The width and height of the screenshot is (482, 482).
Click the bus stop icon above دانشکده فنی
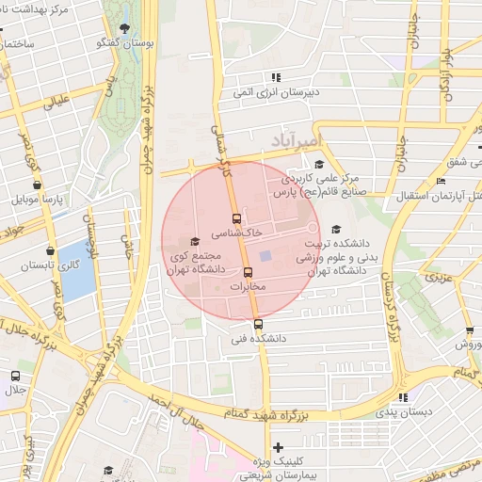[x=258, y=325]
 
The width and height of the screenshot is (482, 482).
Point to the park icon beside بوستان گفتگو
[x=125, y=29]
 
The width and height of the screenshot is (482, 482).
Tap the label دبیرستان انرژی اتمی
[x=274, y=91]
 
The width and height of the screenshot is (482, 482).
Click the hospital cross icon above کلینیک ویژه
[x=277, y=446]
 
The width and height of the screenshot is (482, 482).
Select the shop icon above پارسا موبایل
[x=37, y=185]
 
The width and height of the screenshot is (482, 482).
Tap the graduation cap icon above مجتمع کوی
[x=195, y=241]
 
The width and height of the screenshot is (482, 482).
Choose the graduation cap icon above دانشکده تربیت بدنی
[x=336, y=228]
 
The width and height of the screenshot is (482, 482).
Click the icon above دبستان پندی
[x=404, y=398]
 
